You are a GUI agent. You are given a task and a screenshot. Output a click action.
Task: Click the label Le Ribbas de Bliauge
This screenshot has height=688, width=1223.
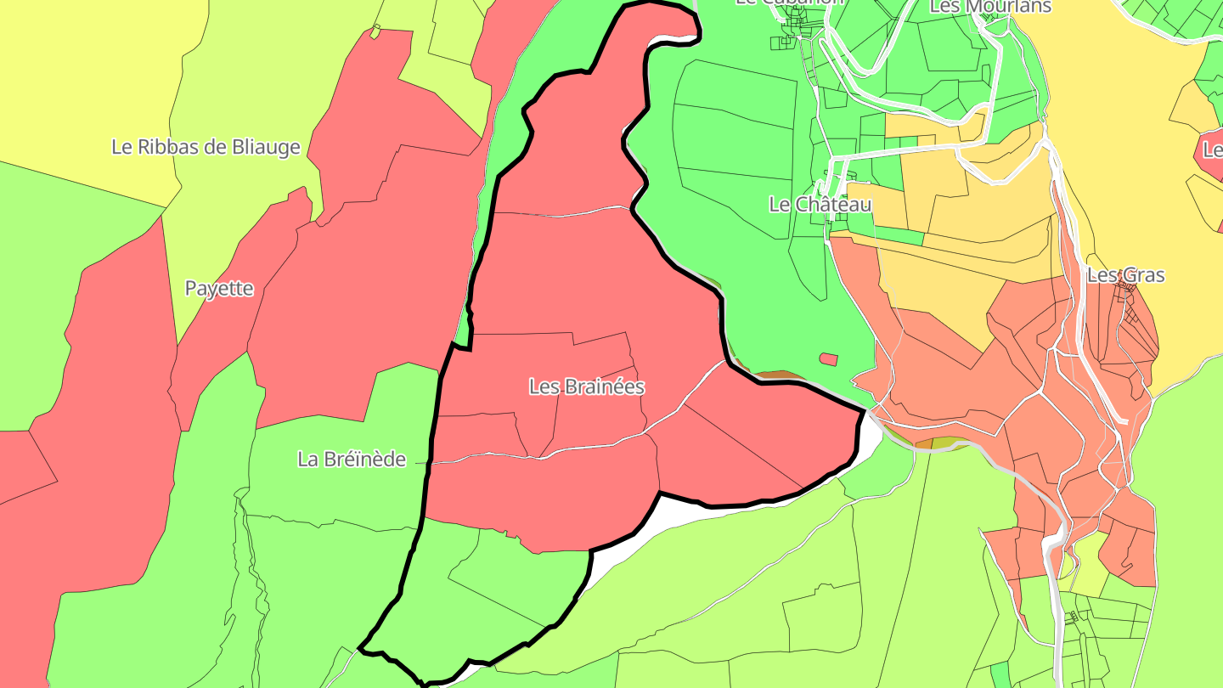[206, 147]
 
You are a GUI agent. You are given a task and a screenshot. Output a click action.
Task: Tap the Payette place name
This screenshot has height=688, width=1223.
[219, 288]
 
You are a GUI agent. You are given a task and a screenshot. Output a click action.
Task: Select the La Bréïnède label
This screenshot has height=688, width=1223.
[352, 460]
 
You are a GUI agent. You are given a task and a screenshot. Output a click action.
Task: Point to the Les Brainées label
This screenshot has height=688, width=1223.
[587, 386]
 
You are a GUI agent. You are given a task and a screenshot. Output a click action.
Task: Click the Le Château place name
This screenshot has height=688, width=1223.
[820, 205]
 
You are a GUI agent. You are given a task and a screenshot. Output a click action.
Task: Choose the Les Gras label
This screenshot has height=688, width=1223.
[1125, 275]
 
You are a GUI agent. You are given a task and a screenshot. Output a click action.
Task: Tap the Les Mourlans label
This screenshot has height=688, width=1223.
[990, 7]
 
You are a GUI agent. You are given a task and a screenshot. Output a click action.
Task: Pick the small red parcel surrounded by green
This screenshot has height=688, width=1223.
[828, 359]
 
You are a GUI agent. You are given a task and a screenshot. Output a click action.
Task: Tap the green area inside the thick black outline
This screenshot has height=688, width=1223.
[476, 595]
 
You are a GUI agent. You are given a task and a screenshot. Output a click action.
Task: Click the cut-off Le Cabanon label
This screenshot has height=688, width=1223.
[790, 3]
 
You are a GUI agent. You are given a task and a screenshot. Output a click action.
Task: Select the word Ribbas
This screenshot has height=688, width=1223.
[182, 147]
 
